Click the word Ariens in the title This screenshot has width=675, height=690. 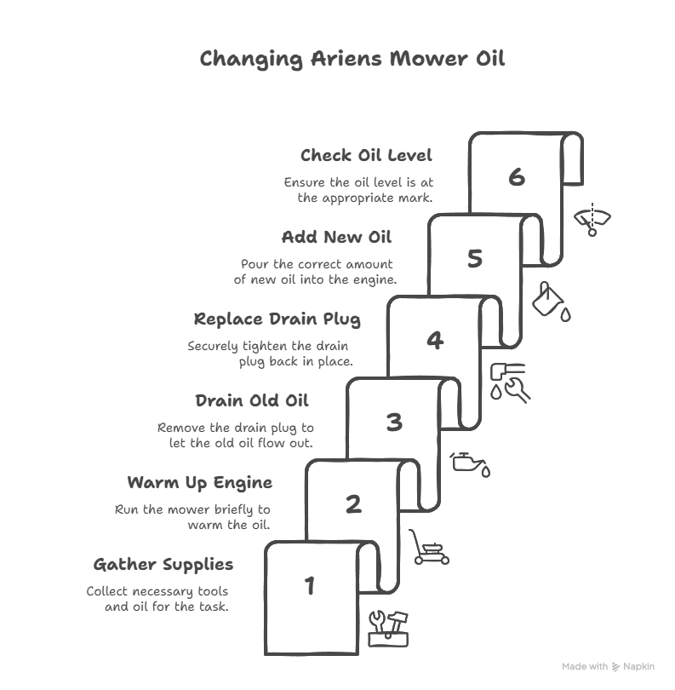tap(346, 58)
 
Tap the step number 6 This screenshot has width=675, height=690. tap(517, 177)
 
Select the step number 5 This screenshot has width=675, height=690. tap(475, 258)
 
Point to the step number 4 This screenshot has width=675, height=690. tap(435, 340)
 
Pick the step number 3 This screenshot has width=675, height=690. tap(394, 422)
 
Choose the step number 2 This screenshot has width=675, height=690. tap(353, 503)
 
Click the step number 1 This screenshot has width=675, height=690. tap(310, 586)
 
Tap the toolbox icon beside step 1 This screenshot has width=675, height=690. tap(388, 629)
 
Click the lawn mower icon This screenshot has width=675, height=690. tap(429, 547)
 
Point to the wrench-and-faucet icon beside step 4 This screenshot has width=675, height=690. tap(510, 382)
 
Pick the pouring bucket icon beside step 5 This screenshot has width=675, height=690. tap(552, 302)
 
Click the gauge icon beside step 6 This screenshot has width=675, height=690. tap(592, 220)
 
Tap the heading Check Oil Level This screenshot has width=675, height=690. tap(366, 155)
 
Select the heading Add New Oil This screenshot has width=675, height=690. tap(336, 237)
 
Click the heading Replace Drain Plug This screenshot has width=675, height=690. tap(277, 319)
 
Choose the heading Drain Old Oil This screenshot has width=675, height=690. tap(252, 401)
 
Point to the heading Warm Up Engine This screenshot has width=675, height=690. tap(200, 483)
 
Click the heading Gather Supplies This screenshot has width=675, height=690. tap(163, 565)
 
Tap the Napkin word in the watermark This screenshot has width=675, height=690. tap(639, 667)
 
